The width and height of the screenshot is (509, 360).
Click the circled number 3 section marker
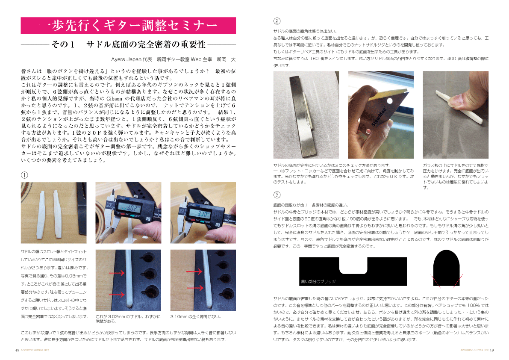(x=277, y=195)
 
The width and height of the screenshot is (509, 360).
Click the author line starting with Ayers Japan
(x=173, y=59)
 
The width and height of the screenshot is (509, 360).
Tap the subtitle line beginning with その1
(x=128, y=44)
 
